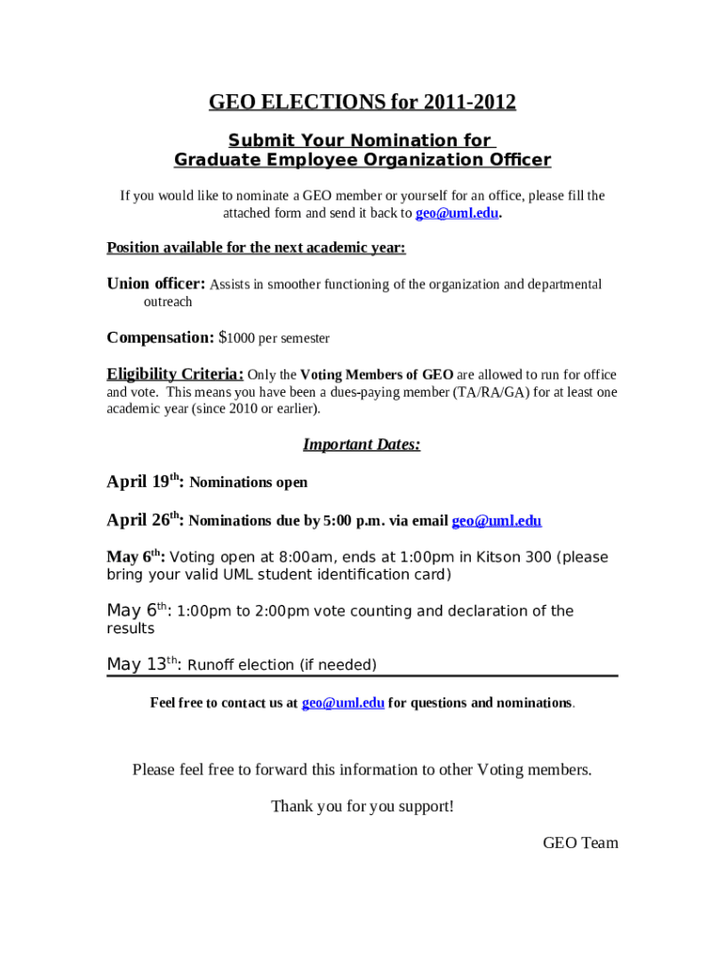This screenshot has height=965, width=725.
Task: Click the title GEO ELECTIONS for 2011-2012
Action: click(362, 102)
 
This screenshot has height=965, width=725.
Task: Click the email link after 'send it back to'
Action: click(457, 213)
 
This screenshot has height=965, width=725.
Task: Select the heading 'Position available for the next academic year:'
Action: click(256, 248)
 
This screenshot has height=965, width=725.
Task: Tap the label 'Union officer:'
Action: click(155, 284)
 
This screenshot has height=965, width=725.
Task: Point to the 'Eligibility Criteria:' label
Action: click(175, 374)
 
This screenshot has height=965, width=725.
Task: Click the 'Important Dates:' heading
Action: click(362, 445)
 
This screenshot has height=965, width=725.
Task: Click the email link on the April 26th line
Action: click(496, 520)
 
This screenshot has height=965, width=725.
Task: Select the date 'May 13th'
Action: click(141, 664)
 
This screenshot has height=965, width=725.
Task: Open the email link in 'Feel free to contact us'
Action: click(343, 703)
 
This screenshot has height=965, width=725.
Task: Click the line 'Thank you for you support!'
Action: click(362, 807)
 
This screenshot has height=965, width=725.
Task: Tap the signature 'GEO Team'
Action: click(580, 842)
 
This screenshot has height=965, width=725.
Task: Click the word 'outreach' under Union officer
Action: click(168, 302)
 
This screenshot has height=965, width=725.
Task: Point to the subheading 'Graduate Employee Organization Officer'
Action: click(362, 160)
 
